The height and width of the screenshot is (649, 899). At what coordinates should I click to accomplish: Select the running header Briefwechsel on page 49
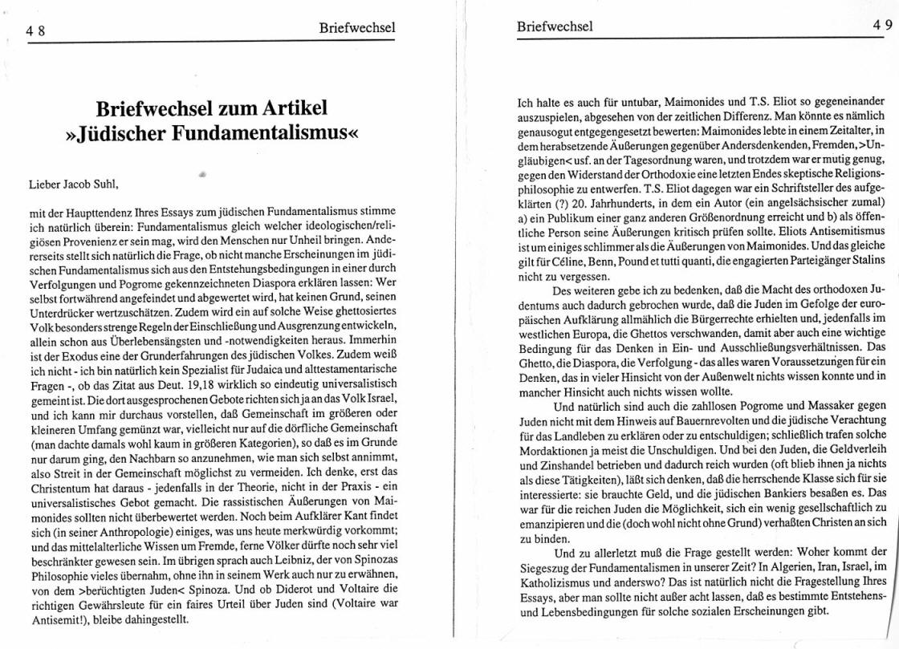click(555, 26)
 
